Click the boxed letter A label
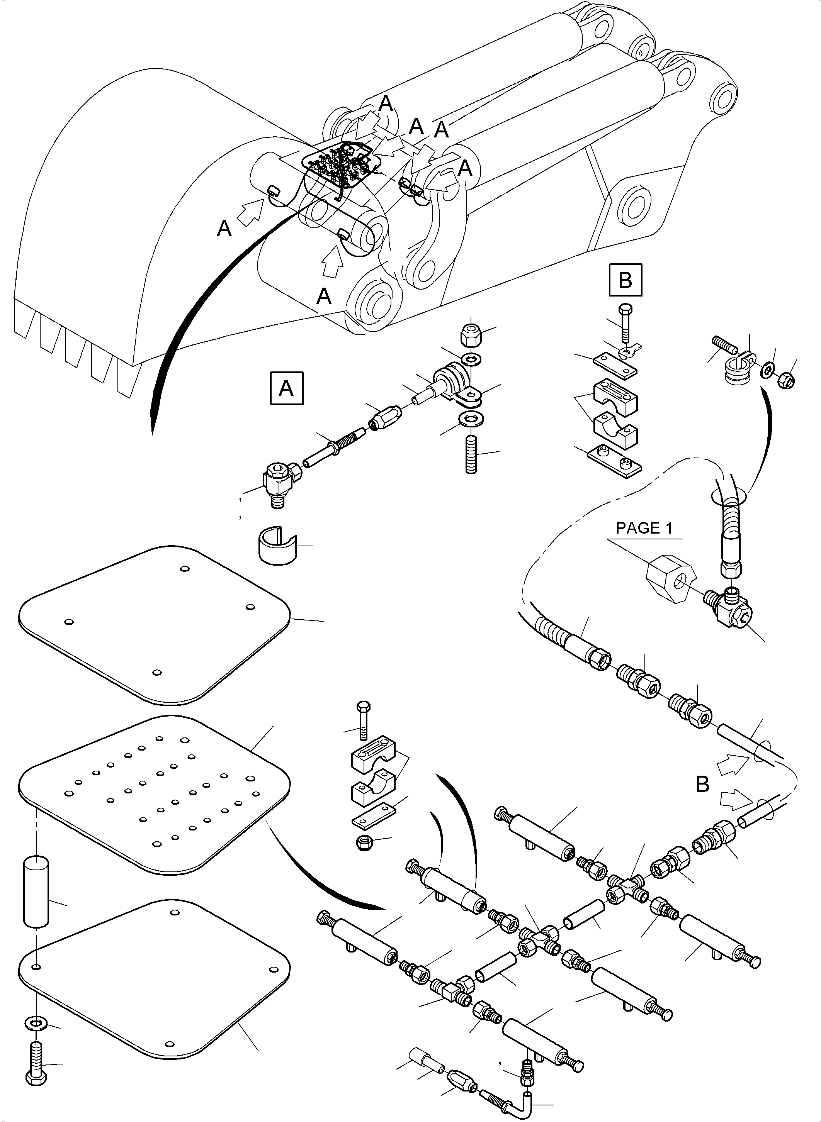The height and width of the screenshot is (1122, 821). coord(286,388)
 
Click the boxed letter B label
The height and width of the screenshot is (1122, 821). coord(625,280)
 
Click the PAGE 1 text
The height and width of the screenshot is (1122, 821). coord(644,528)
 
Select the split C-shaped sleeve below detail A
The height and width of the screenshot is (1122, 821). coord(277,546)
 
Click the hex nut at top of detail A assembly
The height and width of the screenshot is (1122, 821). coord(470,339)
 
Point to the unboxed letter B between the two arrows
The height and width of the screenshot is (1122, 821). coord(702,784)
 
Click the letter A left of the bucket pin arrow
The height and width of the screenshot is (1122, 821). coord(224,229)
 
